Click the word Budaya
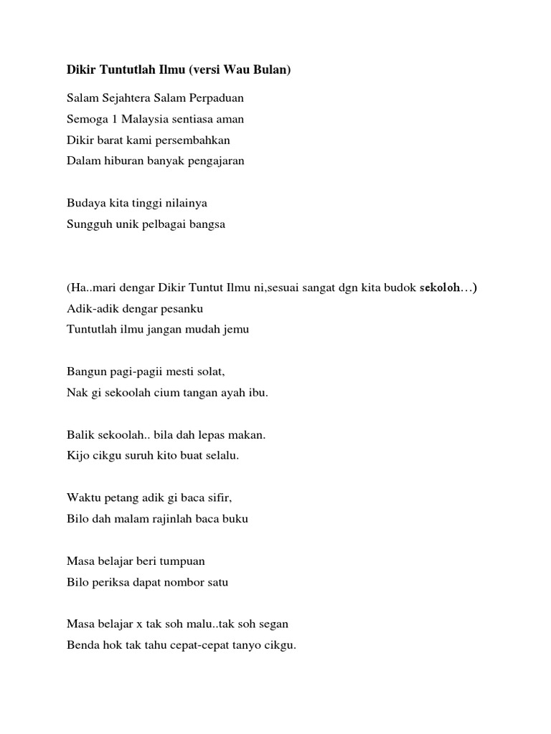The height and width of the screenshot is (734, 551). pyautogui.click(x=85, y=204)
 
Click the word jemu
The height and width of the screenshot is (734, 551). pyautogui.click(x=237, y=330)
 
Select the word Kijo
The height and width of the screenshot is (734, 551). pyautogui.click(x=77, y=456)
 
